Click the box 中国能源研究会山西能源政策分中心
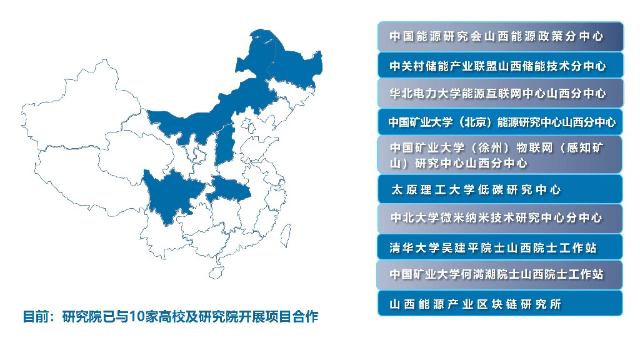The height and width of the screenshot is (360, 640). (x=501, y=37)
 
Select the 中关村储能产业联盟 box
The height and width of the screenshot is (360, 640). (x=501, y=65)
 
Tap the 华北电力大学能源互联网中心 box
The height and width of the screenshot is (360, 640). (x=501, y=93)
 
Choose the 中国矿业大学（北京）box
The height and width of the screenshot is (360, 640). (x=501, y=122)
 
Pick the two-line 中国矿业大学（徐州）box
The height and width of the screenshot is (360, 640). (x=500, y=155)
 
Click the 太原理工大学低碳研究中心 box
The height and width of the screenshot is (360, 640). (x=500, y=189)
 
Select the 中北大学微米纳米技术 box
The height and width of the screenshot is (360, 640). (x=500, y=218)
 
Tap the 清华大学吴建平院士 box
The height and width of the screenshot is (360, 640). (x=500, y=247)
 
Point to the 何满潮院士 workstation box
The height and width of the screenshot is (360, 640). (x=500, y=275)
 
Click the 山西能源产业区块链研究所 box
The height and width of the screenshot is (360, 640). (x=500, y=303)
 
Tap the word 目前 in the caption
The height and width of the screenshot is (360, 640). (x=36, y=316)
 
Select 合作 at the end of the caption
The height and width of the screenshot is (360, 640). (x=305, y=316)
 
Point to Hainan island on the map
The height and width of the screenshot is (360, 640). (x=216, y=272)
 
